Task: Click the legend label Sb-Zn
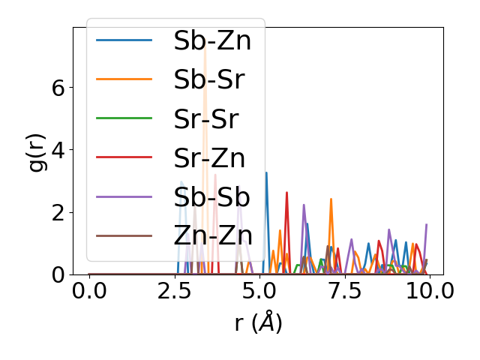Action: coord(212,41)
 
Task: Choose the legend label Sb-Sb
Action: coord(211,197)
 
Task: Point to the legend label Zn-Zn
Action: coord(213,236)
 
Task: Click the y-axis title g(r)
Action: coord(36,151)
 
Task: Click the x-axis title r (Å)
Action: coord(258,323)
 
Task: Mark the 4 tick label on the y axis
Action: coord(58,150)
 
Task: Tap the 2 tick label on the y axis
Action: coord(58,212)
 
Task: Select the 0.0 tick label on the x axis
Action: coord(89,291)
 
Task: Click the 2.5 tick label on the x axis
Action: coord(174,291)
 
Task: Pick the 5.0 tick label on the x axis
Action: coord(259,291)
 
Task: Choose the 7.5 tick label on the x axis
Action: coord(344,291)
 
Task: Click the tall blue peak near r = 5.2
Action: coord(266,174)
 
